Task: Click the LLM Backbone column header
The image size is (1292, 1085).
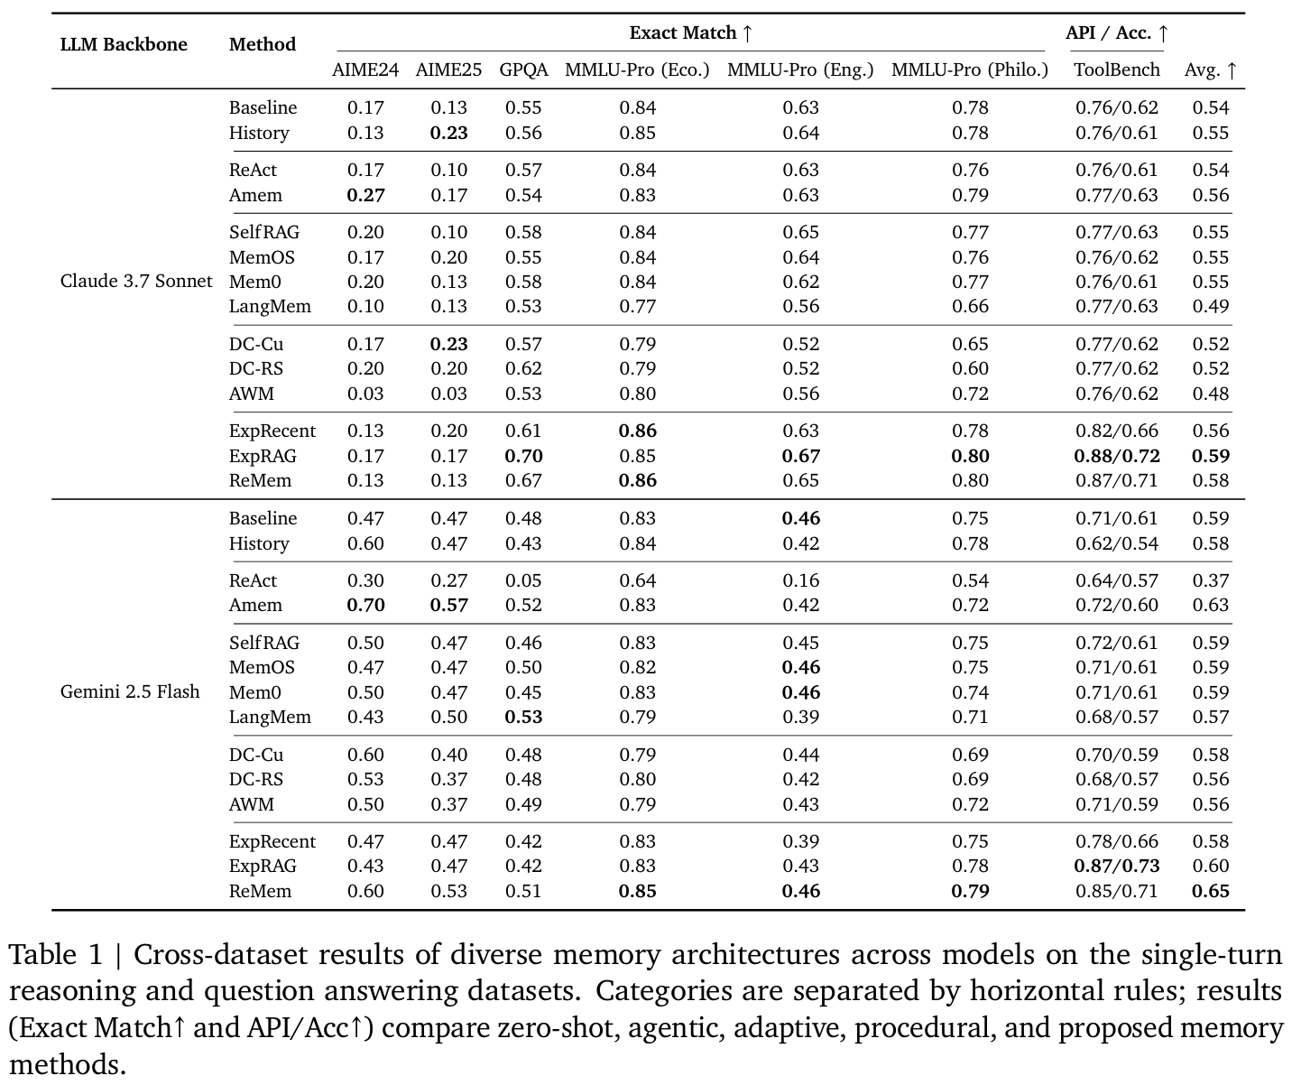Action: click(124, 44)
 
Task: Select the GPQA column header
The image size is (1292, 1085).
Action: click(523, 70)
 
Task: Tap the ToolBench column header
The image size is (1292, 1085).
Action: click(1116, 70)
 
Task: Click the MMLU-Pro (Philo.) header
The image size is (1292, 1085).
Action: click(970, 70)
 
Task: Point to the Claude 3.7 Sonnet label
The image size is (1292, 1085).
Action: click(136, 281)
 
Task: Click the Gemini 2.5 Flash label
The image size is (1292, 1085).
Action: click(130, 691)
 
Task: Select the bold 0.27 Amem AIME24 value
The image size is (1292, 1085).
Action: click(365, 195)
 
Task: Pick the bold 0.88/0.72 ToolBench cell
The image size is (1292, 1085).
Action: click(1116, 457)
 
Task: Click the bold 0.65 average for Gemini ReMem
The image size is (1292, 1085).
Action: click(1210, 891)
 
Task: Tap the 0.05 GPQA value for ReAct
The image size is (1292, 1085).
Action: click(523, 581)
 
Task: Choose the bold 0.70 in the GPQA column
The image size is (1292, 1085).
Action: click(523, 457)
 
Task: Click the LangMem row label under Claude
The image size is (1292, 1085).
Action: click(270, 307)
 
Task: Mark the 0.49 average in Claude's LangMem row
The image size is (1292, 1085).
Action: click(1210, 307)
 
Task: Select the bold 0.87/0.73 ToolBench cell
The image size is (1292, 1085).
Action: click(1116, 867)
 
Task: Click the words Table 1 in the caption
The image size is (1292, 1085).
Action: click(55, 954)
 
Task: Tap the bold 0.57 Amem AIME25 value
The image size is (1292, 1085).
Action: click(448, 605)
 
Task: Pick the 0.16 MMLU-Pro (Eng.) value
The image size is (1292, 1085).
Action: click(800, 581)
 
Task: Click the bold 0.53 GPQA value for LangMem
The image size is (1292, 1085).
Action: click(523, 717)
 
